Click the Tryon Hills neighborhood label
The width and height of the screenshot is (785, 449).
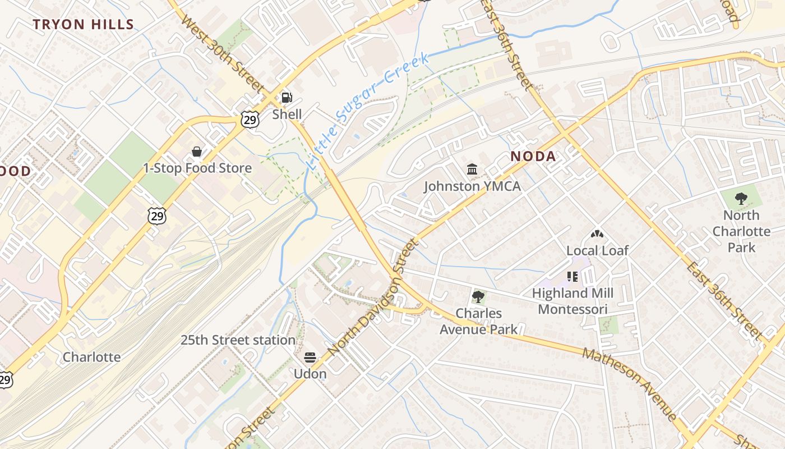[x=83, y=25]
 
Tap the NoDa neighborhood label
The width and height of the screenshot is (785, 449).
[x=533, y=157]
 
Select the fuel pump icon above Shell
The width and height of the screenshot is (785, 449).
[x=287, y=98]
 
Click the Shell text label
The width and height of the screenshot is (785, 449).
[x=287, y=114]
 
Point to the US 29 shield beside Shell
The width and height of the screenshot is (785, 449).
[x=250, y=119]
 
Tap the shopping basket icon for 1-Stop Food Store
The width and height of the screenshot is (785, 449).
[x=197, y=152]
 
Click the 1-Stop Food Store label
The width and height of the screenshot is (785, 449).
[x=197, y=168]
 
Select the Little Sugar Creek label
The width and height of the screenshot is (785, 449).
[x=368, y=112]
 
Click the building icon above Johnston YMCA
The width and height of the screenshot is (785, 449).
[x=472, y=169]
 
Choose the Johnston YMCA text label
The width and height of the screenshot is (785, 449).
[x=472, y=186]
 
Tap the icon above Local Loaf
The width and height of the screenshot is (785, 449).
[x=597, y=234]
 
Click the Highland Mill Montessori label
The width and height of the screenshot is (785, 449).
[x=572, y=301]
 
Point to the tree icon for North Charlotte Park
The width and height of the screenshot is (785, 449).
[x=741, y=198]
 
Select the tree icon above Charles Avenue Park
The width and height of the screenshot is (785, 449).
[x=478, y=296]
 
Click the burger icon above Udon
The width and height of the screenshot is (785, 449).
[x=310, y=358]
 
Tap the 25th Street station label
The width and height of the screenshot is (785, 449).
[x=238, y=340]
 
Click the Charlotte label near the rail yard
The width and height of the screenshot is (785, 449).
[x=91, y=357]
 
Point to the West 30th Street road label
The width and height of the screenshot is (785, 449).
[x=223, y=54]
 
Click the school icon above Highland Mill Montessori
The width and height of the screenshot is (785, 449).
[x=572, y=276]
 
